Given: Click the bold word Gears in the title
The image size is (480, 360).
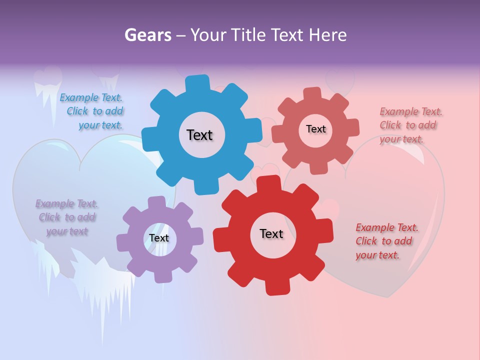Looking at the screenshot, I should click(147, 35).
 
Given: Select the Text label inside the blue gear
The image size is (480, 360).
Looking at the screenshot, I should click(199, 135).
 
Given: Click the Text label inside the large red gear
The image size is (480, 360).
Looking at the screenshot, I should click(271, 233).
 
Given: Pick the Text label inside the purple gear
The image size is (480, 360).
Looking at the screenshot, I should click(159, 238).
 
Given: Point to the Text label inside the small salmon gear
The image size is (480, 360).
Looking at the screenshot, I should click(315, 129).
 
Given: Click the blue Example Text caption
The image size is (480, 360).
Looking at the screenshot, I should click(92, 111).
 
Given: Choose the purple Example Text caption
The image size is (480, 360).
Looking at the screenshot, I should click(66, 217).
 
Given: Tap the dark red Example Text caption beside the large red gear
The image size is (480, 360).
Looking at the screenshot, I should click(386, 241).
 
